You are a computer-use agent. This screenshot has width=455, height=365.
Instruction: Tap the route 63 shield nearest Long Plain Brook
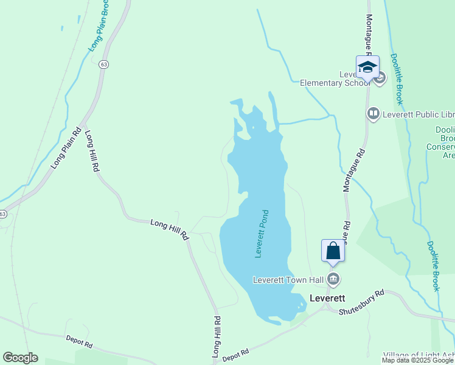coord(105,64)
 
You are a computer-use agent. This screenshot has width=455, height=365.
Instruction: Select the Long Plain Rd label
coord(66,149)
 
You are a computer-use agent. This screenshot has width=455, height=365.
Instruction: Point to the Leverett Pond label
coord(262,234)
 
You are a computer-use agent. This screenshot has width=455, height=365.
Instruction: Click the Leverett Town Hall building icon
coord(333,279)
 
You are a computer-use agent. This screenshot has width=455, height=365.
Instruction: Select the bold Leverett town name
coord(327,298)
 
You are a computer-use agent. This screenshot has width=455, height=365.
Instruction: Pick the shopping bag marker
coord(333,251)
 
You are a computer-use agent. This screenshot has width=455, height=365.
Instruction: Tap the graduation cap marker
coord(367,67)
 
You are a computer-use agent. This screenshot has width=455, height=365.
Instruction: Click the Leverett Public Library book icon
coord(373,113)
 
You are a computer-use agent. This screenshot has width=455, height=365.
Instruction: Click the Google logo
coord(20,358)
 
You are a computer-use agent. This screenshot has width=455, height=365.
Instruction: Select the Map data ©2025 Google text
coord(418,360)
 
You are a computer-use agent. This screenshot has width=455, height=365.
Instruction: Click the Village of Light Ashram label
coord(420,355)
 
